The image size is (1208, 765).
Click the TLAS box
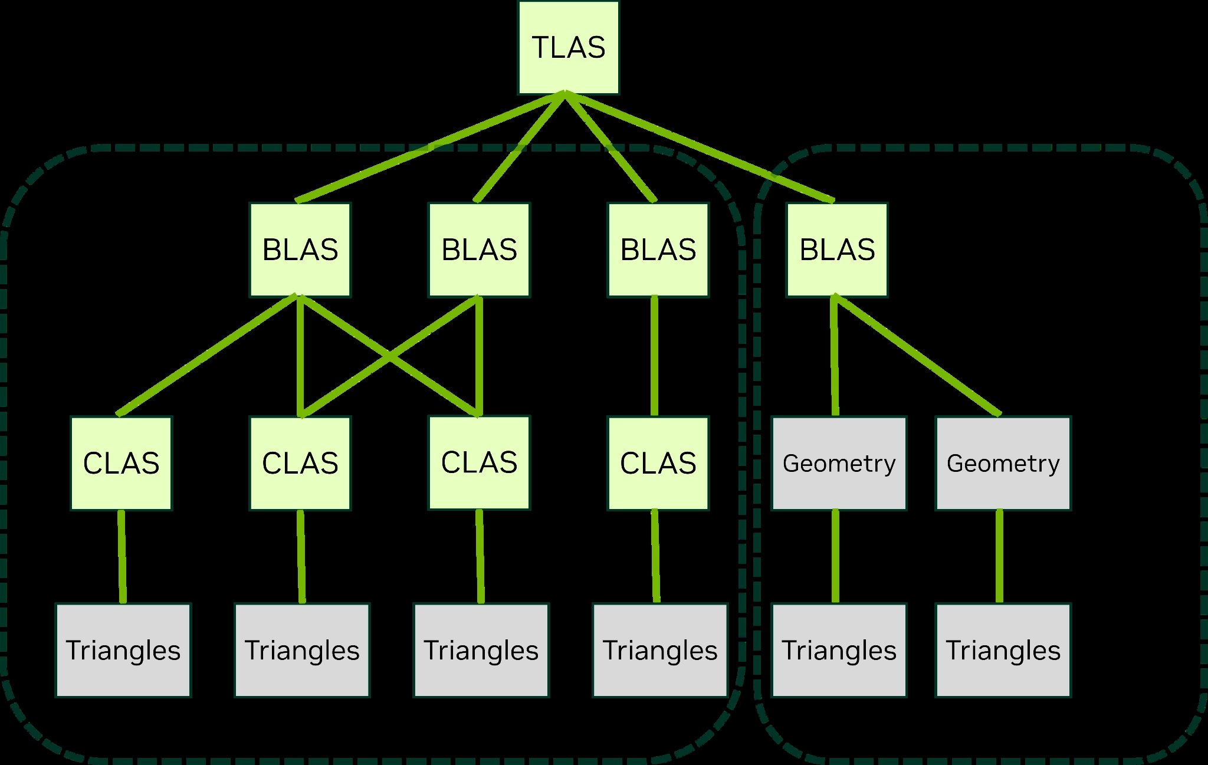[569, 48]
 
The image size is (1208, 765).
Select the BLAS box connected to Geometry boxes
[837, 249]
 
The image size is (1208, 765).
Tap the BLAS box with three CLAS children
[300, 249]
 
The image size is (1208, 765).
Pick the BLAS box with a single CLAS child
[658, 249]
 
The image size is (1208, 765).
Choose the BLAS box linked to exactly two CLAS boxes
[479, 249]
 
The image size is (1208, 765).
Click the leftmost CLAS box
[121, 463]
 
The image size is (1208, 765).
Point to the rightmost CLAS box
[658, 463]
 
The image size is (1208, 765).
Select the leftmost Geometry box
[839, 463]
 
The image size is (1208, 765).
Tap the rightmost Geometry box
[1003, 463]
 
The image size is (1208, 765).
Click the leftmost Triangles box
[123, 650]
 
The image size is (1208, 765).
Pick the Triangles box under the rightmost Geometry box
[1003, 650]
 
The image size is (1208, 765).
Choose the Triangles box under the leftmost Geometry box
[839, 650]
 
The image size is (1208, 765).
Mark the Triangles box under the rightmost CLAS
[660, 650]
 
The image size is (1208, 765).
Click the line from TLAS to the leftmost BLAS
[431, 147]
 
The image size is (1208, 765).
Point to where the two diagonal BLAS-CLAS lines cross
[389, 357]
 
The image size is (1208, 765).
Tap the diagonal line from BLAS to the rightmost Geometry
[918, 355]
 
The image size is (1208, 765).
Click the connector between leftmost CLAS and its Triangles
[122, 556]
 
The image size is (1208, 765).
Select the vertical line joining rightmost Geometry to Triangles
[999, 556]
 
